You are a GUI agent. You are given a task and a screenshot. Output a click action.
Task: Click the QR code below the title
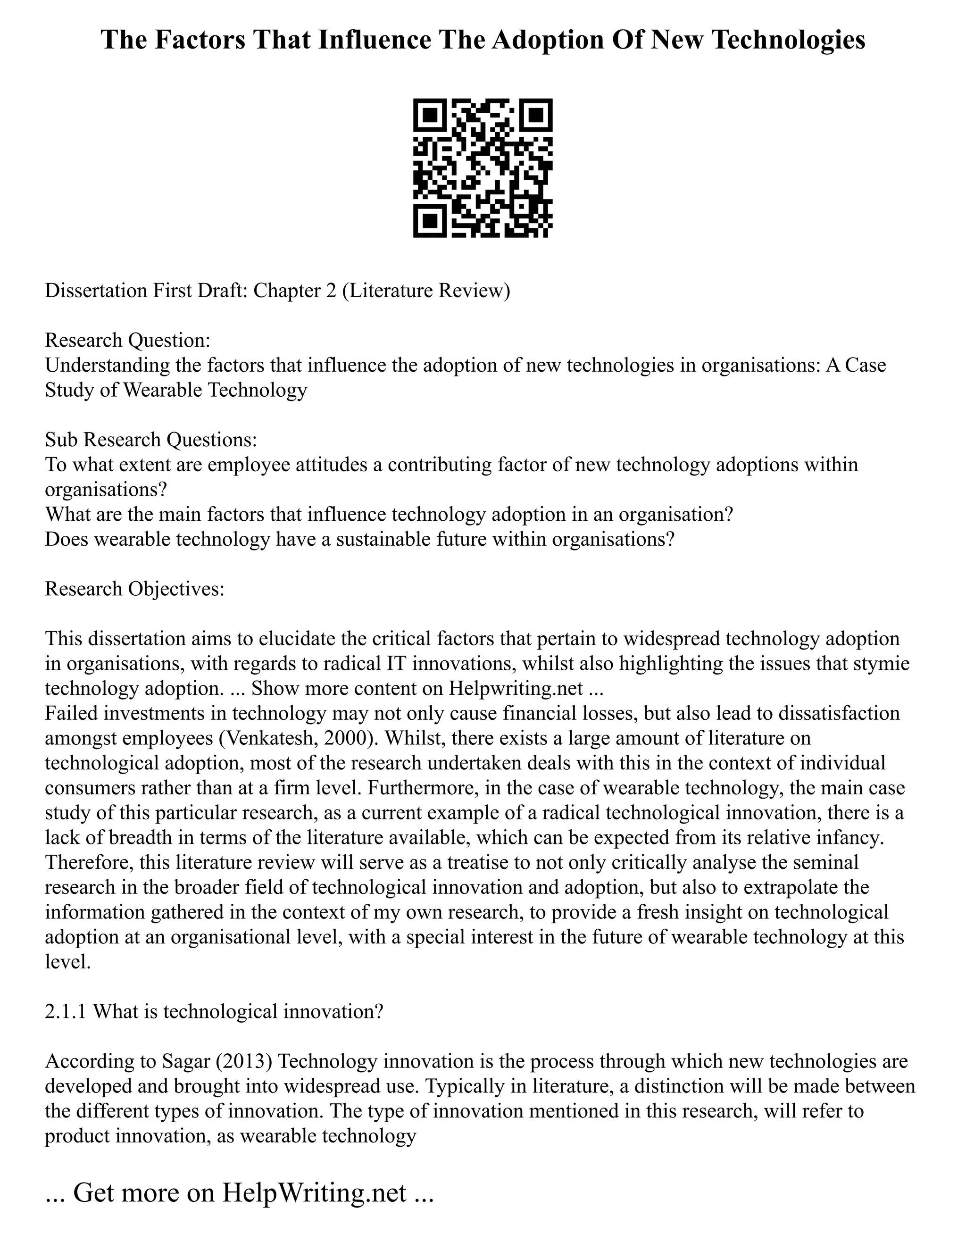coord(483,168)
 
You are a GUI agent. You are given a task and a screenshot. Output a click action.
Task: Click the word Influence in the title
coord(374,41)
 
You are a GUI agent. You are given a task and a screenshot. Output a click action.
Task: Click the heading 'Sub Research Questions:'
coord(151,440)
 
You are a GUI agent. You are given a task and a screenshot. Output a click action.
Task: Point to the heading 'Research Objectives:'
coord(134,588)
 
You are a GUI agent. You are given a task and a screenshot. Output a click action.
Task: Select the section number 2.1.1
coord(66,1012)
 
